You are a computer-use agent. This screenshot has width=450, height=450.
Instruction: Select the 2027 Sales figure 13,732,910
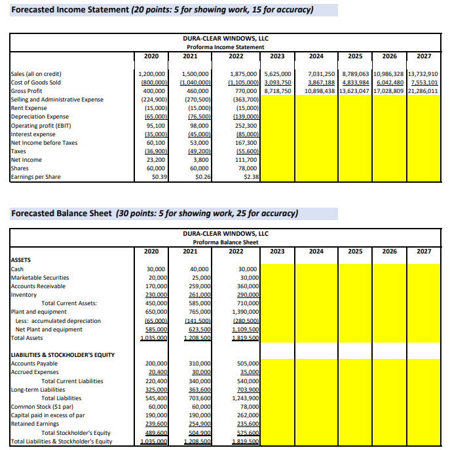pos(423,74)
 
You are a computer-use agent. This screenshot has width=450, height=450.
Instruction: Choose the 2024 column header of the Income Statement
pos(316,56)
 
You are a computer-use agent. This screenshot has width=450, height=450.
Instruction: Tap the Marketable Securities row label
pos(40,278)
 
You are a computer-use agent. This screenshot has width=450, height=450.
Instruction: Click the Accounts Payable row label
pos(34,364)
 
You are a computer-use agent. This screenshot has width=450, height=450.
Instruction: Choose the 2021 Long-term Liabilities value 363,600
pos(197,389)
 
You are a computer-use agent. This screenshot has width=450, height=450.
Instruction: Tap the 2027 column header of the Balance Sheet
pos(423,251)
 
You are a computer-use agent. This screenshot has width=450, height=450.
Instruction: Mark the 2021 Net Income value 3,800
pos(200,159)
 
